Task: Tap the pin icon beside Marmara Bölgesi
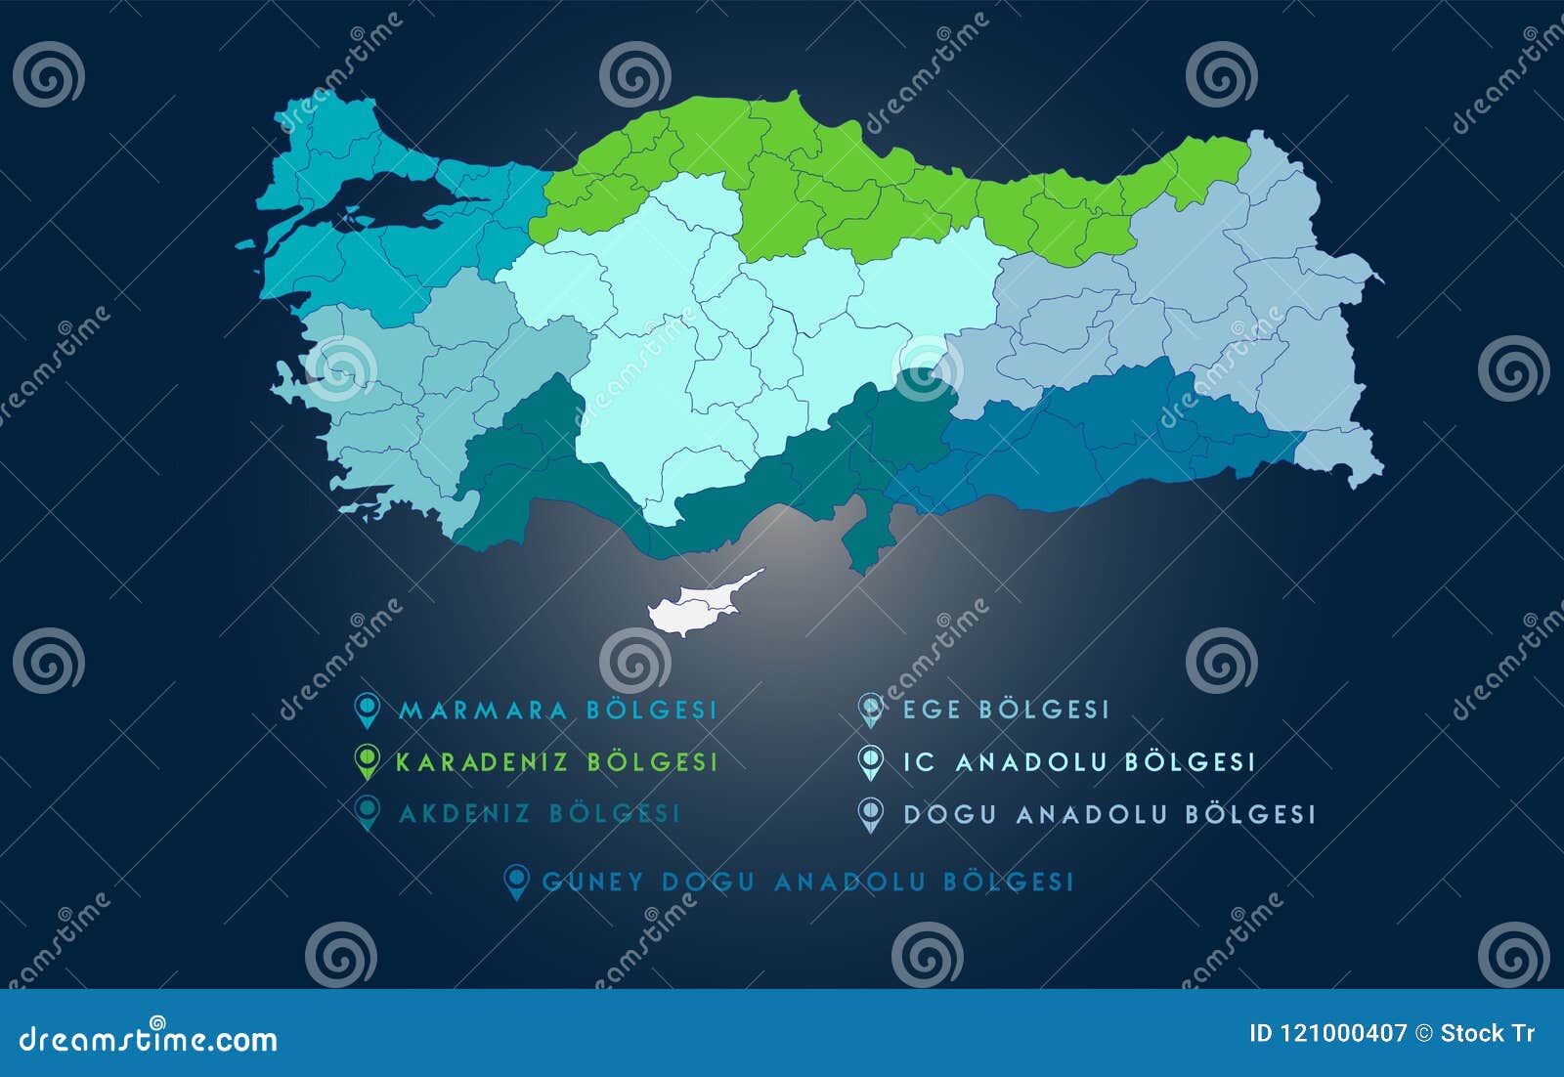[367, 710]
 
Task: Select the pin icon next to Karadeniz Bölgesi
[367, 760]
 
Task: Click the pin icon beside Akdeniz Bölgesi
[367, 812]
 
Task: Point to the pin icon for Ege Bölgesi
[870, 710]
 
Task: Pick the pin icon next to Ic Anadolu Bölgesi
[870, 761]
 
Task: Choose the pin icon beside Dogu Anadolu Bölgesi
[870, 814]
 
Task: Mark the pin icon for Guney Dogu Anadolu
[515, 882]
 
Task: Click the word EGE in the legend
[932, 711]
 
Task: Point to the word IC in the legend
[919, 762]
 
